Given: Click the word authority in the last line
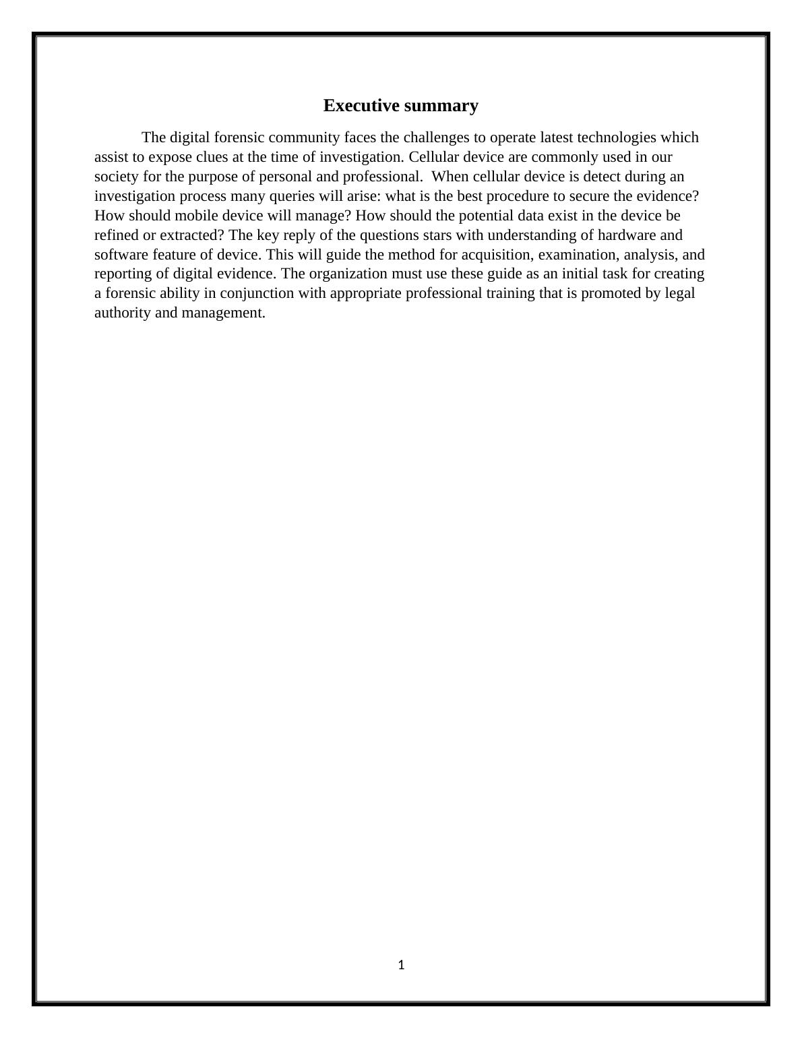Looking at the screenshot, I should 123,313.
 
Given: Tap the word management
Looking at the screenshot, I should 223,313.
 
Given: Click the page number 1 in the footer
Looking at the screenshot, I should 401,965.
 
